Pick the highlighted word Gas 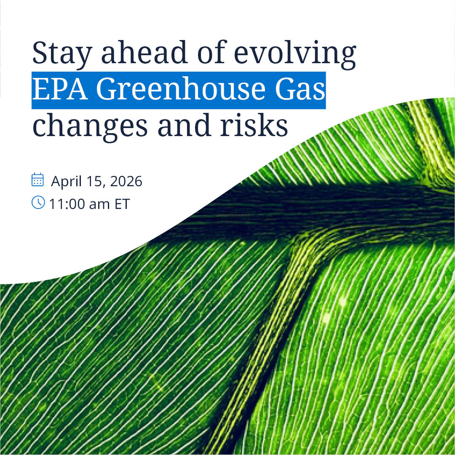coord(300,91)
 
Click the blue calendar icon coord(38,179)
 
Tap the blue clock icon coord(38,203)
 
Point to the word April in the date coord(66,182)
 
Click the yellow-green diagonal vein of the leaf coord(270,337)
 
